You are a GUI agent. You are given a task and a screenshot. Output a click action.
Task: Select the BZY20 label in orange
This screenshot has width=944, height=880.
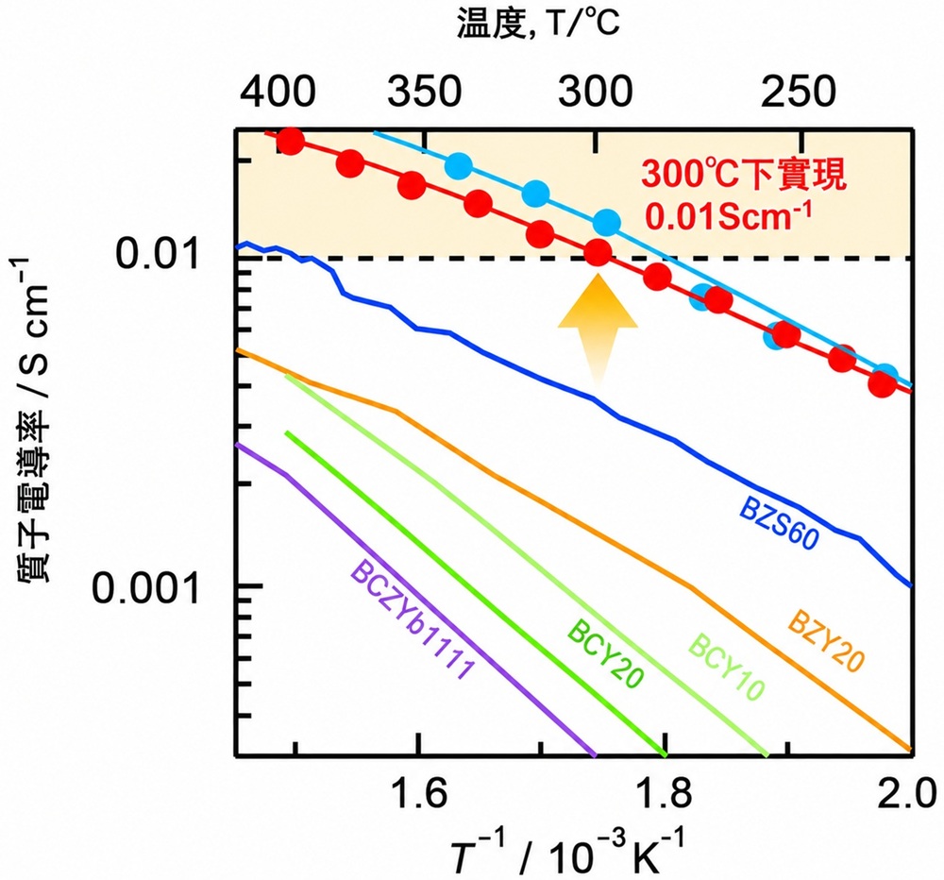[825, 641]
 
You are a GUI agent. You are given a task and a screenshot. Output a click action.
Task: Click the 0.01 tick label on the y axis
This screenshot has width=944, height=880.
[157, 254]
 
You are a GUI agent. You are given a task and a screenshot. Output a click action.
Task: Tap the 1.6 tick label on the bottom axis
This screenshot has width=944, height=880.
[418, 793]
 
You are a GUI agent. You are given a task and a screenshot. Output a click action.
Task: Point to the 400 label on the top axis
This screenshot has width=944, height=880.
[278, 93]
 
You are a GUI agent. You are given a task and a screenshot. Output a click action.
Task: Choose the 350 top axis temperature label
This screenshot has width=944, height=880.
[425, 93]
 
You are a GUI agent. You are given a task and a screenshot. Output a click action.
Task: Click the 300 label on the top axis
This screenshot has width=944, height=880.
[596, 93]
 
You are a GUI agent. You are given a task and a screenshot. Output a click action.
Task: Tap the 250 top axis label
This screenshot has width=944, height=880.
[799, 93]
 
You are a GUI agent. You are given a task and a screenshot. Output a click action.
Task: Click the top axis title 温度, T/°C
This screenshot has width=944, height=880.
[538, 25]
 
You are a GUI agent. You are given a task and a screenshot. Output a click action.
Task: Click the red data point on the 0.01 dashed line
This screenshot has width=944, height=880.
[598, 252]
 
